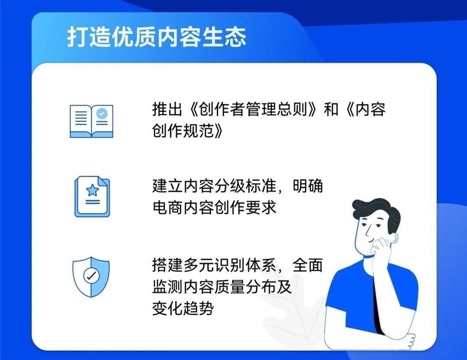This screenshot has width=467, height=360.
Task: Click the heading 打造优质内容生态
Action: point(157,36)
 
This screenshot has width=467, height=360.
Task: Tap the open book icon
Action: point(91,121)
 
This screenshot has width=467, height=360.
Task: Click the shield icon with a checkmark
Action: point(91,276)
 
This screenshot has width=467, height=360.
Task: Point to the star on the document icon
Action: point(92,190)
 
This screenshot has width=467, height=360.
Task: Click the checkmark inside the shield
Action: point(91,275)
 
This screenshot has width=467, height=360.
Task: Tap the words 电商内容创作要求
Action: point(214,208)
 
